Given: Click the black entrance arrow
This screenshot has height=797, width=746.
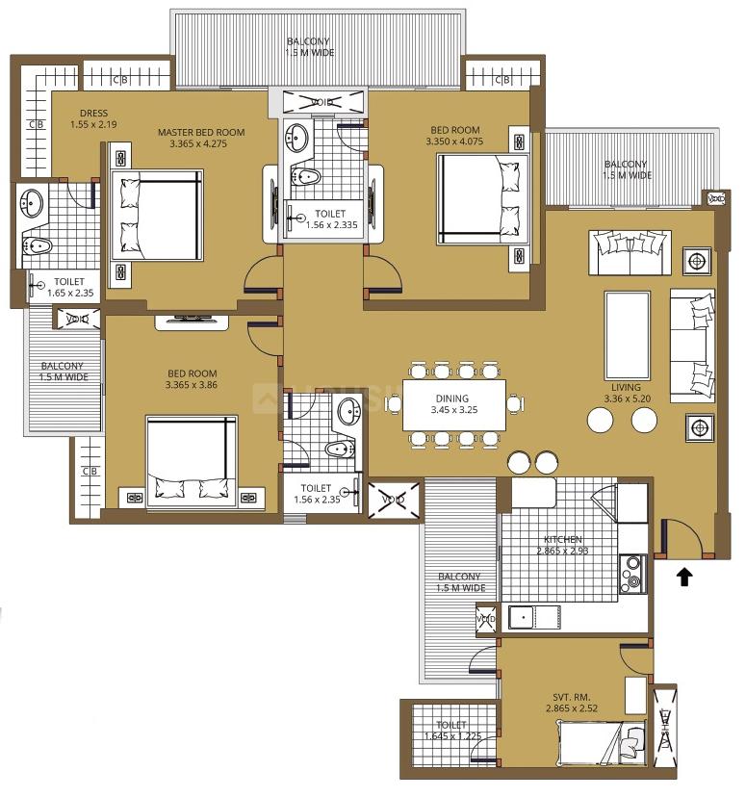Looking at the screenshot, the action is click(685, 577).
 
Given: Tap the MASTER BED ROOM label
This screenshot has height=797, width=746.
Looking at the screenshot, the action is click(201, 132).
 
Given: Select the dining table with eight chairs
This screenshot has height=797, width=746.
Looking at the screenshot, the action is click(453, 404).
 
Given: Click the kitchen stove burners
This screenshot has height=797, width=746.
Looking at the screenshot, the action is click(633, 573).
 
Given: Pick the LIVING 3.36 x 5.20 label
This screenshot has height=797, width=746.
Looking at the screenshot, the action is click(627, 393).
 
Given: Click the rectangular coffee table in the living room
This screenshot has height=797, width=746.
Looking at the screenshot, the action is click(627, 336).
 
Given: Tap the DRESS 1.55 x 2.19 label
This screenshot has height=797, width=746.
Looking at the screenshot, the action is click(93, 118).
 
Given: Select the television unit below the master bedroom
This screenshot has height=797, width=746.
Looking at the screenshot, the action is click(192, 321).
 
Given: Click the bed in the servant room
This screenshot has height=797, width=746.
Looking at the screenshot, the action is click(603, 743).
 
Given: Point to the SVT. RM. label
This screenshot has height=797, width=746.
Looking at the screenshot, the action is click(572, 697).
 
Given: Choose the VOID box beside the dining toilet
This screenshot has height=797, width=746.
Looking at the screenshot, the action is click(394, 501).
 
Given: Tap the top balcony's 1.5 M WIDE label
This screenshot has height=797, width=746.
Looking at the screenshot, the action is click(310, 52).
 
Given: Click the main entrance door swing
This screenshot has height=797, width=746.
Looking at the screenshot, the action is click(682, 536).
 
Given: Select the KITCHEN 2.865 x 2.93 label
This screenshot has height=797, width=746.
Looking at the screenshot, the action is click(562, 545).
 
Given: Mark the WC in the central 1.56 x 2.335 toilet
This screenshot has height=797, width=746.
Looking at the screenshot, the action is click(305, 176).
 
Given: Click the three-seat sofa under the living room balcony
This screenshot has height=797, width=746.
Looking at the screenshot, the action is click(630, 252).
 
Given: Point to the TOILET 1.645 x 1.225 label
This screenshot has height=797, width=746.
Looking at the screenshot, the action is click(452, 731).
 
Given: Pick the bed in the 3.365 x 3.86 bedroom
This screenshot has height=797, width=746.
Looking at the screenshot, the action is click(192, 461).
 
